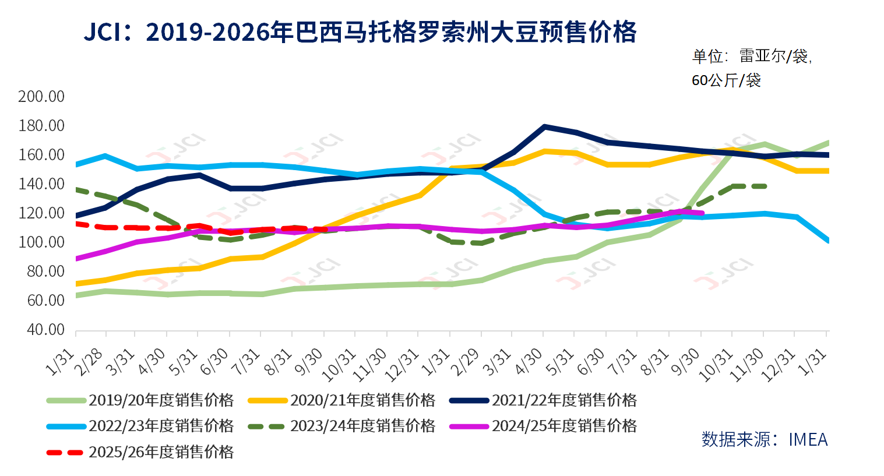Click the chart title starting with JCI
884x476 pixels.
360,32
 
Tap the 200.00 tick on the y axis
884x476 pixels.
41,97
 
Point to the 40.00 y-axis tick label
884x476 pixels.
41,330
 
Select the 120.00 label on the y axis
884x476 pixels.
41,213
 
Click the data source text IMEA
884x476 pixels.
765,439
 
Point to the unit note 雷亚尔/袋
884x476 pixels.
751,57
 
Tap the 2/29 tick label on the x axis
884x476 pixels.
467,362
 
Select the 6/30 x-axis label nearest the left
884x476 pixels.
215,362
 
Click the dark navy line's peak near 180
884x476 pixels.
544,126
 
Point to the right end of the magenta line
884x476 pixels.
702,213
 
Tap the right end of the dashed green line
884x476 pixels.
764,186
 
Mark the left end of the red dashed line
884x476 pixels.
76,224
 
